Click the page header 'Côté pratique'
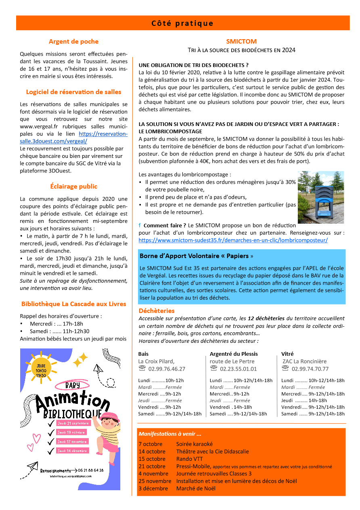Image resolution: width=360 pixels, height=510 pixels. pos(182,23)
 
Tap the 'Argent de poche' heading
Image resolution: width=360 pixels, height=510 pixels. pos(73,42)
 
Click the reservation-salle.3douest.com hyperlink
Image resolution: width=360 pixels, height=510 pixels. pos(74,138)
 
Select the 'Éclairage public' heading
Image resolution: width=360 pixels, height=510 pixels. pos(73,187)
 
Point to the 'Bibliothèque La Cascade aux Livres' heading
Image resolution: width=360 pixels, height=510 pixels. pos(73,304)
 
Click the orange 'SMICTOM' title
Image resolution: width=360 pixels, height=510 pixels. pos(241,41)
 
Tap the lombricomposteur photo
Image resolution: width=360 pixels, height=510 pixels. pos(320,197)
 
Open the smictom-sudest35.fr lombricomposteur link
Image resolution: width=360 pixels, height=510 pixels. pos(233,240)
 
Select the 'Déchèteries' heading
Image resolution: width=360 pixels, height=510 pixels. pos(156,311)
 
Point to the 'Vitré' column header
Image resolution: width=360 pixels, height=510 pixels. pos(287,354)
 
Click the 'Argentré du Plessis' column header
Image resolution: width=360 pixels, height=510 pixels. pos(234,354)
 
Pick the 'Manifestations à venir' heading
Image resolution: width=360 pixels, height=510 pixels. pos(170,434)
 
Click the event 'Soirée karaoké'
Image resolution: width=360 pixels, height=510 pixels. pos(194,444)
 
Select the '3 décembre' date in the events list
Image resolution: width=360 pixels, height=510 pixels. pos(153,488)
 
